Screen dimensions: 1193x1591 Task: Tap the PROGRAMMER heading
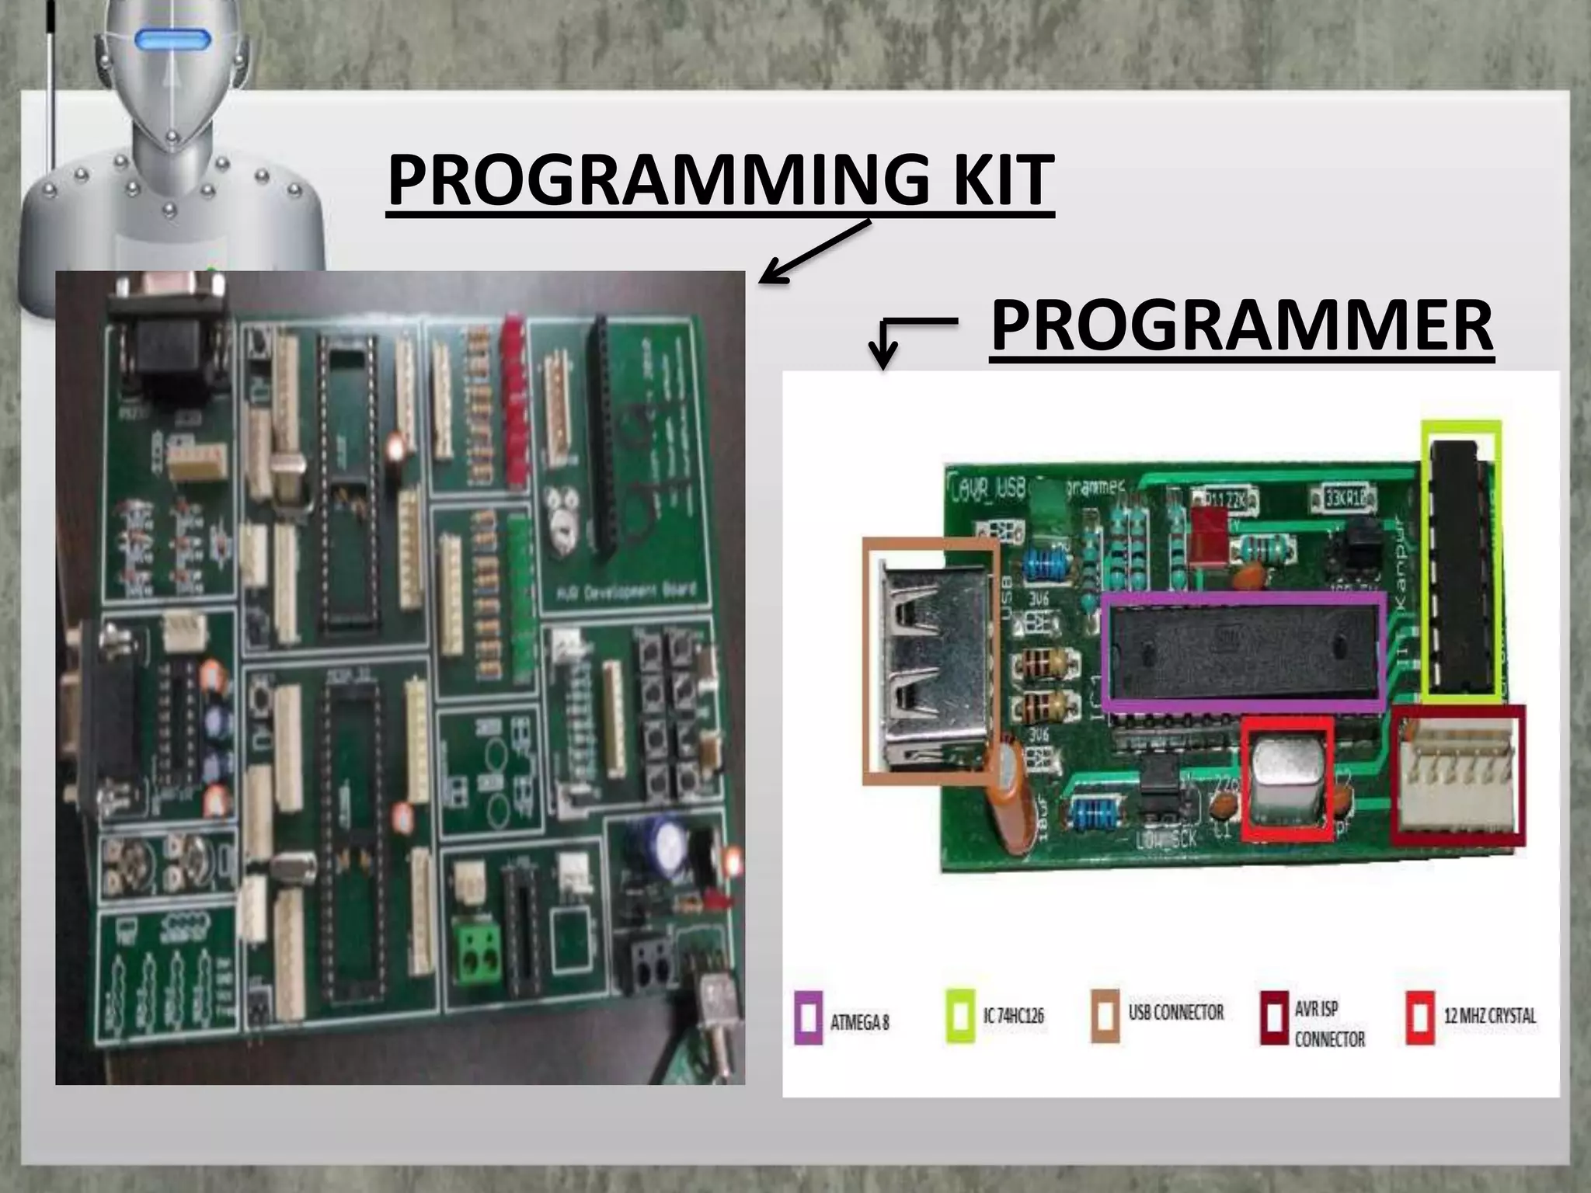click(1241, 326)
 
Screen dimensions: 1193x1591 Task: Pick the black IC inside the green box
click(1460, 563)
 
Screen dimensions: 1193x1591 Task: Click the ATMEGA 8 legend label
click(859, 1022)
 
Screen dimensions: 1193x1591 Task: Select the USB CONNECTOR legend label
click(1175, 1013)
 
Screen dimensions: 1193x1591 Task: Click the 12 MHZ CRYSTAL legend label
click(1489, 1016)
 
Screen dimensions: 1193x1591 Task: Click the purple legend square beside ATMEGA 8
click(808, 1016)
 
